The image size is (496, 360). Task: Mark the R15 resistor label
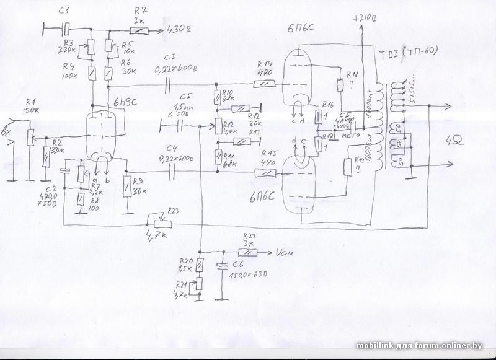[x=268, y=152]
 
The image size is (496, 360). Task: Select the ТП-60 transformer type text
[x=422, y=51]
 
